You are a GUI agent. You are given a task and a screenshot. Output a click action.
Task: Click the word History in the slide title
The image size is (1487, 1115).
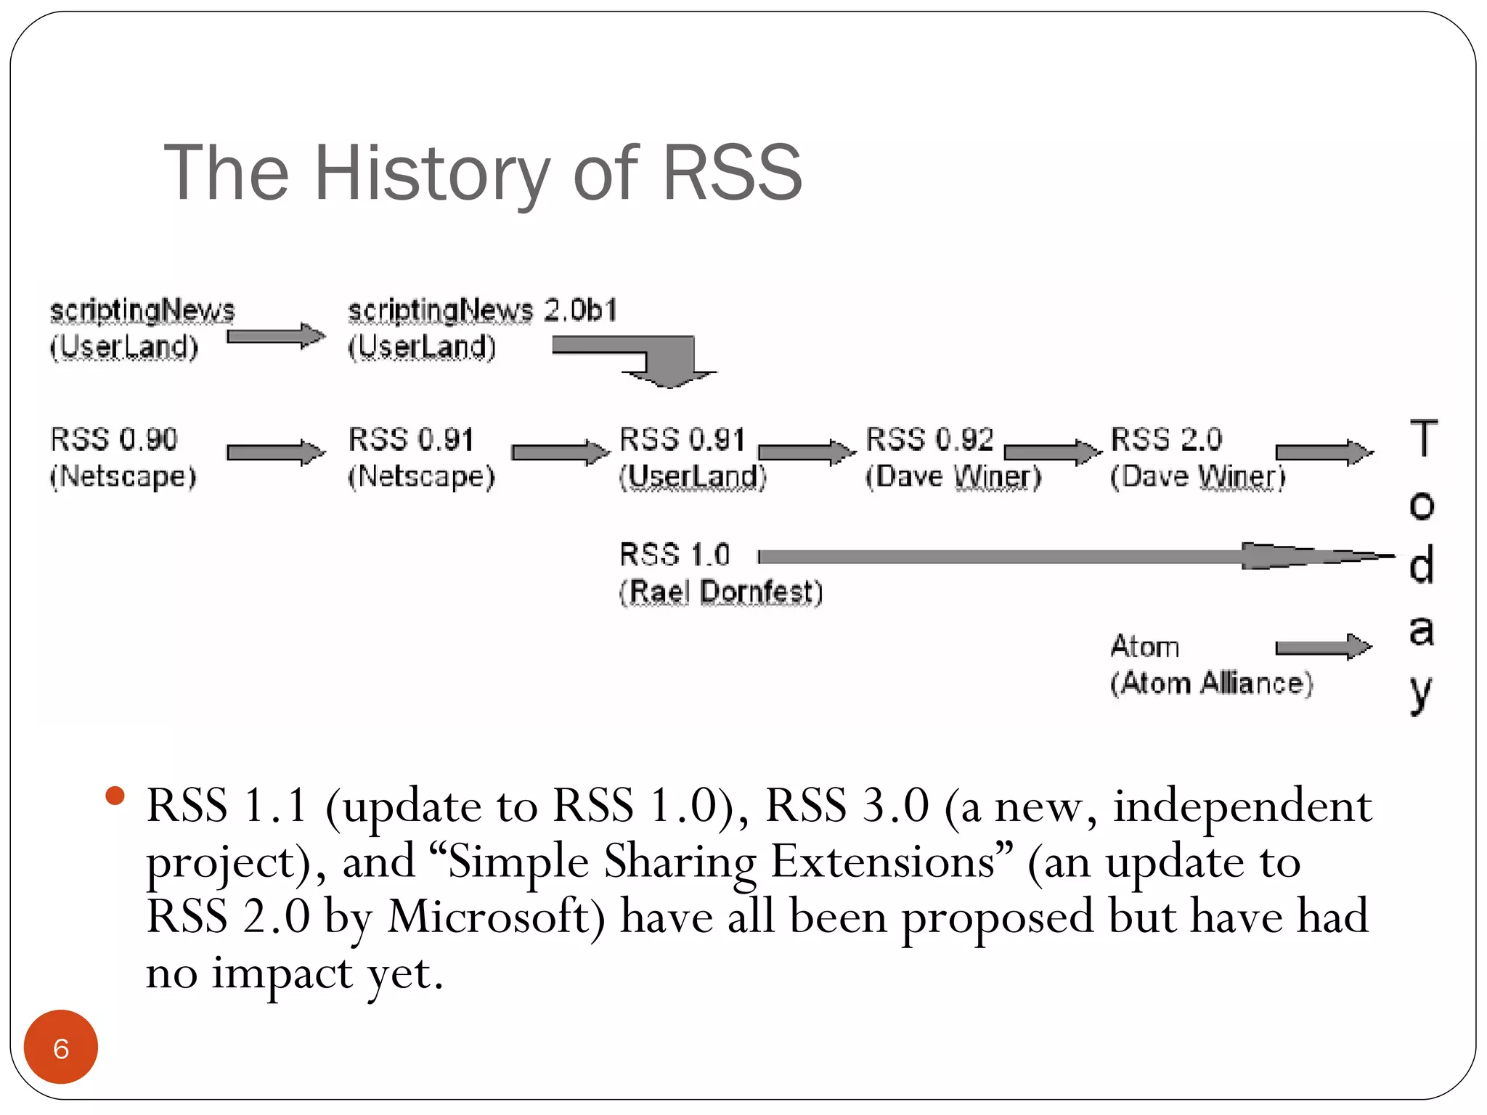(x=431, y=174)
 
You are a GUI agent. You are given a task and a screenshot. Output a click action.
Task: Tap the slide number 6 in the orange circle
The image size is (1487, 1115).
(x=61, y=1048)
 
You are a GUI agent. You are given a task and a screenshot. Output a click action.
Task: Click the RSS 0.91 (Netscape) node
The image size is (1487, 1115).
(x=420, y=457)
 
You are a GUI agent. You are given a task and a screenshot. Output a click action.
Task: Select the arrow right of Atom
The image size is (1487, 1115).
(x=1321, y=647)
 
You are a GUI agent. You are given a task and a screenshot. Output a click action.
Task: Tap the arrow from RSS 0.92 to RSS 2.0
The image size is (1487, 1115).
(x=1051, y=453)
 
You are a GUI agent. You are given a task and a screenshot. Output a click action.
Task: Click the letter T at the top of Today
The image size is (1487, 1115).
(x=1423, y=438)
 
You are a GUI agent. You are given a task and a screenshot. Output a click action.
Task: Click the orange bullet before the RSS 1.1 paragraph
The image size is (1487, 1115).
(x=115, y=796)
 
